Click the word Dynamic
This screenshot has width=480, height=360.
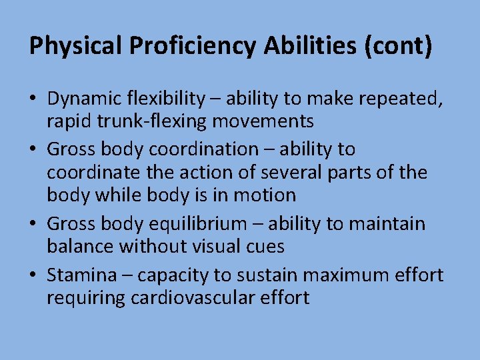(x=83, y=99)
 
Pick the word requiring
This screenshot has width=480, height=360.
(x=85, y=297)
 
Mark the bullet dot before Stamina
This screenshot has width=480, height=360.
(x=33, y=275)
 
